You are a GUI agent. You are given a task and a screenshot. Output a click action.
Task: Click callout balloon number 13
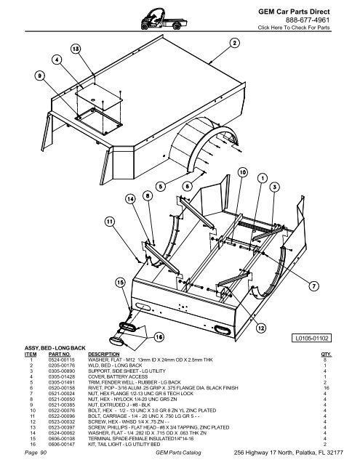pyautogui.click(x=75, y=48)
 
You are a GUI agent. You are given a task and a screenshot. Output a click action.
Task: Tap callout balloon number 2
pyautogui.click(x=235, y=43)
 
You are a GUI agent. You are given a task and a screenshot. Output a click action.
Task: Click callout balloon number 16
pyautogui.click(x=157, y=336)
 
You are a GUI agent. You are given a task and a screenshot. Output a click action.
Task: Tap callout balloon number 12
pyautogui.click(x=260, y=328)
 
